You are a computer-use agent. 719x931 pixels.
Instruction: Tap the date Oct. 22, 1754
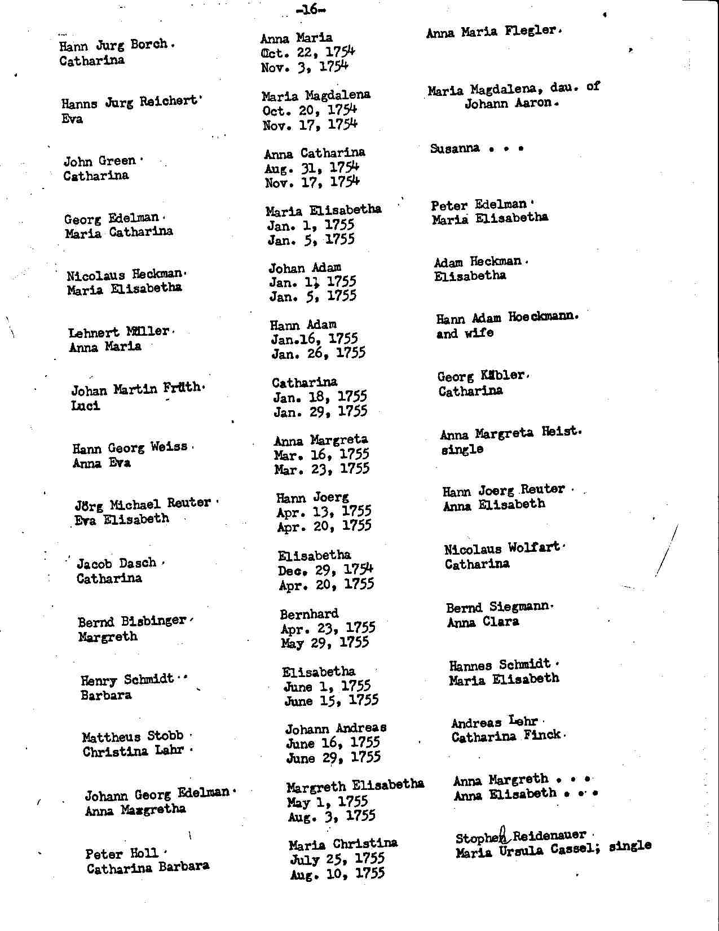(308, 52)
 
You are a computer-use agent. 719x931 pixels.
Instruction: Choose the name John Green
(100, 161)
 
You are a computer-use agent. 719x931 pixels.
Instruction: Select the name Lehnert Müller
(119, 332)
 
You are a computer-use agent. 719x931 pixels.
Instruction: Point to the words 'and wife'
(465, 333)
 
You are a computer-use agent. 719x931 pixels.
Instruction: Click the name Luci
(85, 406)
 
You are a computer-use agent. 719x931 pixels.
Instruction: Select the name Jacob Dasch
(117, 563)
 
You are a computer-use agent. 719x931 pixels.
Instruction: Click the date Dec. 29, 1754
(325, 570)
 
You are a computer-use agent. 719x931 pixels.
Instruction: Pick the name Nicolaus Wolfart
(502, 548)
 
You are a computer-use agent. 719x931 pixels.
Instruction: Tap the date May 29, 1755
(325, 643)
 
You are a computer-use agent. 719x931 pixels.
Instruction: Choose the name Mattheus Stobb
(133, 736)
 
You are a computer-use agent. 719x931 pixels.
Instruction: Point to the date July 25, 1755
(337, 859)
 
